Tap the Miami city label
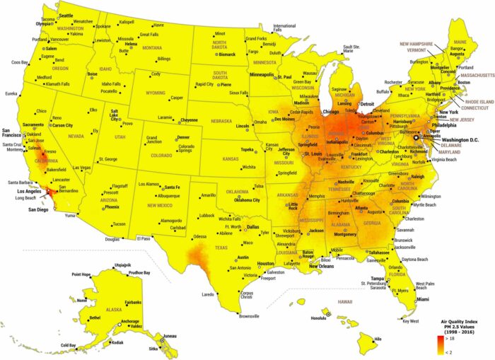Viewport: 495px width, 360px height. [x=422, y=299]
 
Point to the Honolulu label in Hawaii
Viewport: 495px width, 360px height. [x=319, y=318]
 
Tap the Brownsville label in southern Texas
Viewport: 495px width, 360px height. [x=250, y=315]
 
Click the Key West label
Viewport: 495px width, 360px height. [x=411, y=322]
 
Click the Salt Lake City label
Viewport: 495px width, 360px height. [x=115, y=115]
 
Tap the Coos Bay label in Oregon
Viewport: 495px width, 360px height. [x=20, y=62]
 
